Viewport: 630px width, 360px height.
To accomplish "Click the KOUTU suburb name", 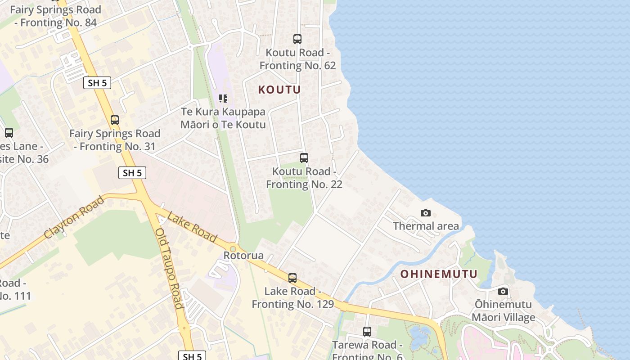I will click(279, 90).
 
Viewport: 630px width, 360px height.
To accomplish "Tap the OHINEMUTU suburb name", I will click(439, 274).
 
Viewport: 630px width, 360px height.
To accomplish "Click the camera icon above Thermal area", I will click(425, 213).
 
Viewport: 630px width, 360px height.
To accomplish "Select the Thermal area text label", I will click(426, 226).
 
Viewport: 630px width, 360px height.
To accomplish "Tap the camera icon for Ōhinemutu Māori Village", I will click(503, 292).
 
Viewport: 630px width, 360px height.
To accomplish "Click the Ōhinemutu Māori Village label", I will click(503, 311).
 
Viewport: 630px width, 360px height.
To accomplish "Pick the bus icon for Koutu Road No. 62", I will click(297, 39).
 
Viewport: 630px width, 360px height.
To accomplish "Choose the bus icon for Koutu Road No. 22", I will click(304, 158).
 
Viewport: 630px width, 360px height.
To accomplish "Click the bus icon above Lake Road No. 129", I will click(292, 278).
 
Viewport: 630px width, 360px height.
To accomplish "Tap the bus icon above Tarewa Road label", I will click(367, 332).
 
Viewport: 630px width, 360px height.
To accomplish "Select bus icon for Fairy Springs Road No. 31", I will click(115, 120).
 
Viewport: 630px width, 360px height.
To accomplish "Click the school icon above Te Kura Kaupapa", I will click(223, 99).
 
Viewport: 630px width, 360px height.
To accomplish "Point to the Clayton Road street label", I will click(74, 217).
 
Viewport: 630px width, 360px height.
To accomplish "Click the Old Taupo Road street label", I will click(169, 268).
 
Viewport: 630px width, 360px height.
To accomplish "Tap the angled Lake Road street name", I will click(192, 227).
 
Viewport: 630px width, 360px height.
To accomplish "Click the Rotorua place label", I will click(243, 256).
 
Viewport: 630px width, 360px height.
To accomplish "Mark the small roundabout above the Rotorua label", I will click(233, 248).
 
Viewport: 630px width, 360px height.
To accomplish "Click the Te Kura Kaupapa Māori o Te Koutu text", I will click(223, 118).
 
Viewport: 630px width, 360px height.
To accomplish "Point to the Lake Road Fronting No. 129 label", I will click(292, 297).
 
